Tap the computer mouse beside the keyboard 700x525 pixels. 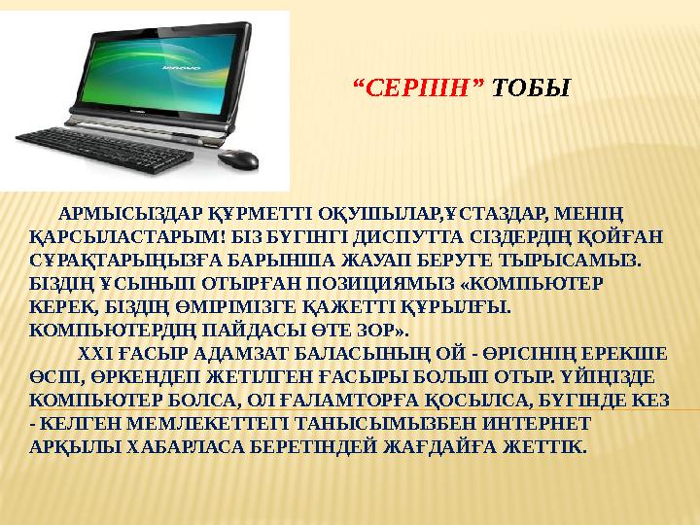(237, 158)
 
